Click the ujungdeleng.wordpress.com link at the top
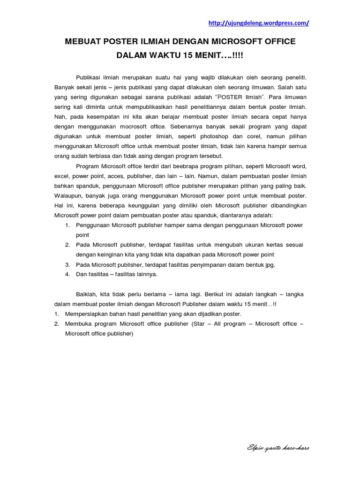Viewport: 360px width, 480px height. [x=258, y=23]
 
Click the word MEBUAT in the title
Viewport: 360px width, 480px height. [x=85, y=42]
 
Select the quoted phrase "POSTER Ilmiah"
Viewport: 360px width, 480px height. [x=240, y=97]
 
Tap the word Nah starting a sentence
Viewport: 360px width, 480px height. [x=60, y=117]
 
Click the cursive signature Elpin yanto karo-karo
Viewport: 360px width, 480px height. [x=278, y=448]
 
